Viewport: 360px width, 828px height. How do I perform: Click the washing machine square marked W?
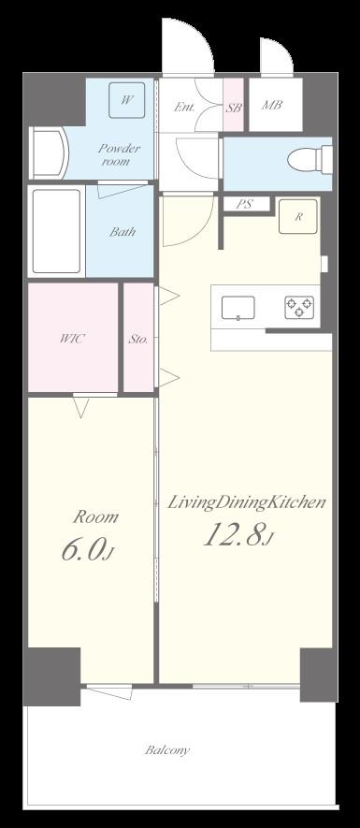[126, 100]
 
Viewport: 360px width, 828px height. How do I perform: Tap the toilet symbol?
[310, 158]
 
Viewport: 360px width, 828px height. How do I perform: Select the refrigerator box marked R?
[298, 216]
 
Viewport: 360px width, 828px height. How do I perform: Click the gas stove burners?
[299, 307]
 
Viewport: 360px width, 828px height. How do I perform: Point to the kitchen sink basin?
[238, 308]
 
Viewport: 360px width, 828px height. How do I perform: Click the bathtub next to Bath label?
[56, 231]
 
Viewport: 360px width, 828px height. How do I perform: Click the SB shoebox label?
[234, 108]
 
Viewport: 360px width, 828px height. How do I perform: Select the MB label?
[272, 105]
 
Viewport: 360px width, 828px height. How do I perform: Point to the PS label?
[244, 204]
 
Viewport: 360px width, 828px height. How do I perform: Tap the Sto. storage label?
[137, 340]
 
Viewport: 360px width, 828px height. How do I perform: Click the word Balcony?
[167, 749]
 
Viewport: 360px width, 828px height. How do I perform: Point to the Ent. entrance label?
[185, 107]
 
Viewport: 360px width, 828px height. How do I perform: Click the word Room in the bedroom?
[95, 517]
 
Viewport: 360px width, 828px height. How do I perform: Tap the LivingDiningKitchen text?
[247, 502]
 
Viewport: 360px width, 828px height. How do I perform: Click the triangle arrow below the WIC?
[80, 408]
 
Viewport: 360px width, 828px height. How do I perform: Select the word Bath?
[122, 231]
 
